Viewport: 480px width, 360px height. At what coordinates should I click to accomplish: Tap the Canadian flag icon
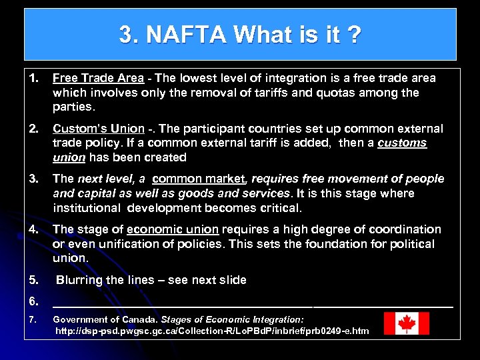[406, 324]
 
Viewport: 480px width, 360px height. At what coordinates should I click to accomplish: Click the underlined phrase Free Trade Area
[98, 78]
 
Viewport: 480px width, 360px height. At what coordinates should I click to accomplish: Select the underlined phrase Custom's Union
[98, 129]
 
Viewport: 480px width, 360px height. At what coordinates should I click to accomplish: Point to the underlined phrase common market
[199, 179]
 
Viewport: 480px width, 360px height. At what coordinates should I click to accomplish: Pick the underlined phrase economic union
[172, 229]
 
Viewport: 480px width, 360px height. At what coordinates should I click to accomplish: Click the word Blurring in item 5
[80, 280]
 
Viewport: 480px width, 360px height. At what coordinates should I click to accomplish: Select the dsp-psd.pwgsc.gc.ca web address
[211, 331]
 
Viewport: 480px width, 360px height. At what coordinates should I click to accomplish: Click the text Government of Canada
[97, 320]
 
